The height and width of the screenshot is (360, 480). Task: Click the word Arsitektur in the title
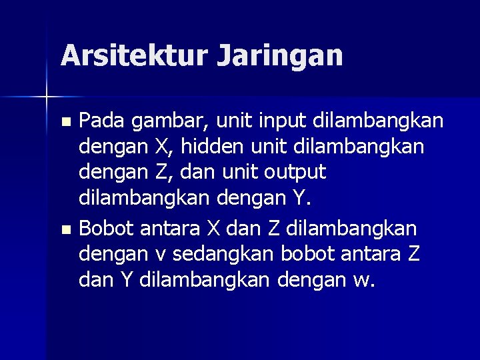point(133,55)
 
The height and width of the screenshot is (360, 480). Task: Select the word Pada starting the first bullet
point(102,121)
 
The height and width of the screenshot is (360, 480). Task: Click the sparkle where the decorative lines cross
point(47,97)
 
